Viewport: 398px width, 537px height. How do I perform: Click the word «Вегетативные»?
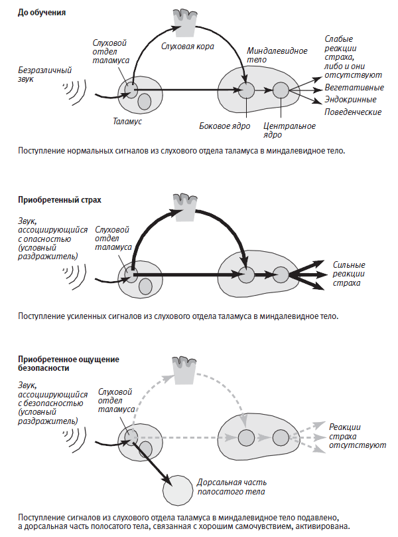[354, 87]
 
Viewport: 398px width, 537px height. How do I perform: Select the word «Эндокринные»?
[352, 99]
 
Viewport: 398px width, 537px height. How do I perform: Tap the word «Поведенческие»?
[353, 112]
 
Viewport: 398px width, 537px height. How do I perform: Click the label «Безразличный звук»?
[45, 74]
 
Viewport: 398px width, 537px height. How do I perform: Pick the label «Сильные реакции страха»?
[348, 274]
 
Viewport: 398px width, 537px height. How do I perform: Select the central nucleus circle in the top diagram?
[281, 90]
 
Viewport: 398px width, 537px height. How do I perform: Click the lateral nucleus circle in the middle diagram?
[247, 272]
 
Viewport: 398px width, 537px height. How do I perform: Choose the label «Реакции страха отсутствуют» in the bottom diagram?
[357, 435]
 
